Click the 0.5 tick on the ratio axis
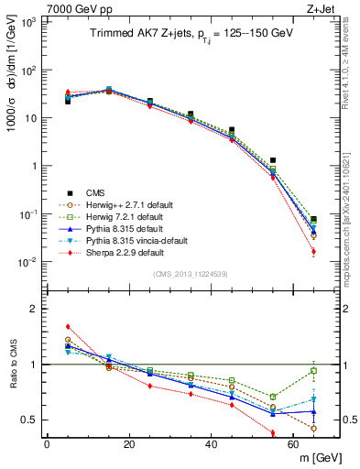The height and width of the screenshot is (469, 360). pyautogui.click(x=32, y=420)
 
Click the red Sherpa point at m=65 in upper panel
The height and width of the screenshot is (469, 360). pyautogui.click(x=314, y=252)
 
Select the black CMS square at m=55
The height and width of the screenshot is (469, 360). pyautogui.click(x=273, y=160)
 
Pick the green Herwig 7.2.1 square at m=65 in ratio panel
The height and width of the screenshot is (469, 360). pyautogui.click(x=314, y=371)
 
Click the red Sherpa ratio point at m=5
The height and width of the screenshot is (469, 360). pyautogui.click(x=68, y=326)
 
